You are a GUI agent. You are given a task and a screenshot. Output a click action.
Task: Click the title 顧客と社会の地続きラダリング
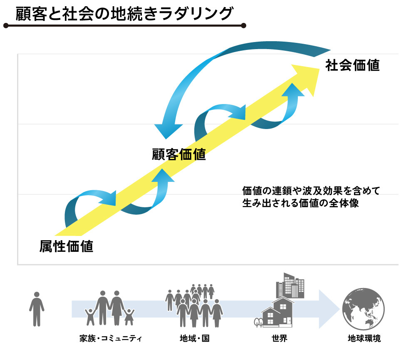point(124,13)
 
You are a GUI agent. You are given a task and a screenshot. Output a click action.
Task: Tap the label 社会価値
point(353,65)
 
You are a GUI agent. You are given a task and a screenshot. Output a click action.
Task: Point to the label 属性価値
point(67,246)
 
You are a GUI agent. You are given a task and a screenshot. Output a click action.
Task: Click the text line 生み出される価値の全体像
point(300,204)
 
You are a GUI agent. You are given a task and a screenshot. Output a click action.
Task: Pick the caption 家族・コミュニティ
point(110,338)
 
